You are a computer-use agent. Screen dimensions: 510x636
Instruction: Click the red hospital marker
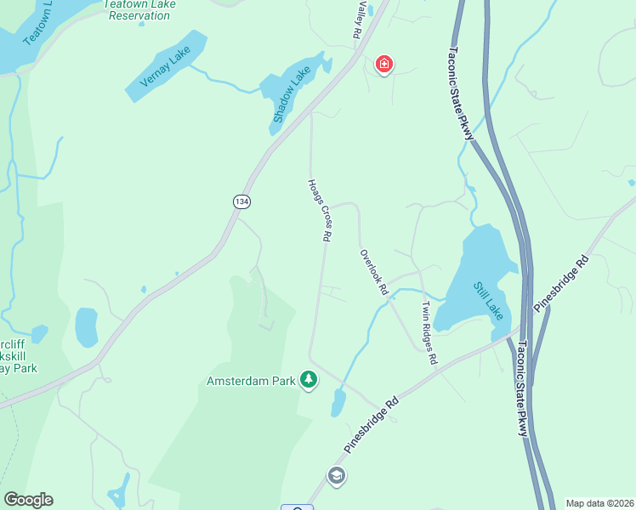tap(384, 64)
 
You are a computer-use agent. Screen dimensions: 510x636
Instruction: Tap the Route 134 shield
tap(241, 201)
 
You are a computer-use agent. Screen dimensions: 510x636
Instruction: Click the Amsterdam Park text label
tap(251, 381)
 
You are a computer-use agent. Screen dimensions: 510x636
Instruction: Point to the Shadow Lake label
tap(287, 95)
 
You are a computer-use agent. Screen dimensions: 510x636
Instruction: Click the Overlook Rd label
tap(373, 272)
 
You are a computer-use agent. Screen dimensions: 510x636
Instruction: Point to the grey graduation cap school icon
tap(336, 475)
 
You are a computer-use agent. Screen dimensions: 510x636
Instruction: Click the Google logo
tap(28, 500)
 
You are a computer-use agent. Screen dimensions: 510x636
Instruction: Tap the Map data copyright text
tap(599, 503)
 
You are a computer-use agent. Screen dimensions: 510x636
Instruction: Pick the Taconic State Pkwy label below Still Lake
tap(522, 388)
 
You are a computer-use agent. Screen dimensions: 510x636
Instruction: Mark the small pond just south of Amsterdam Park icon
tap(338, 403)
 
